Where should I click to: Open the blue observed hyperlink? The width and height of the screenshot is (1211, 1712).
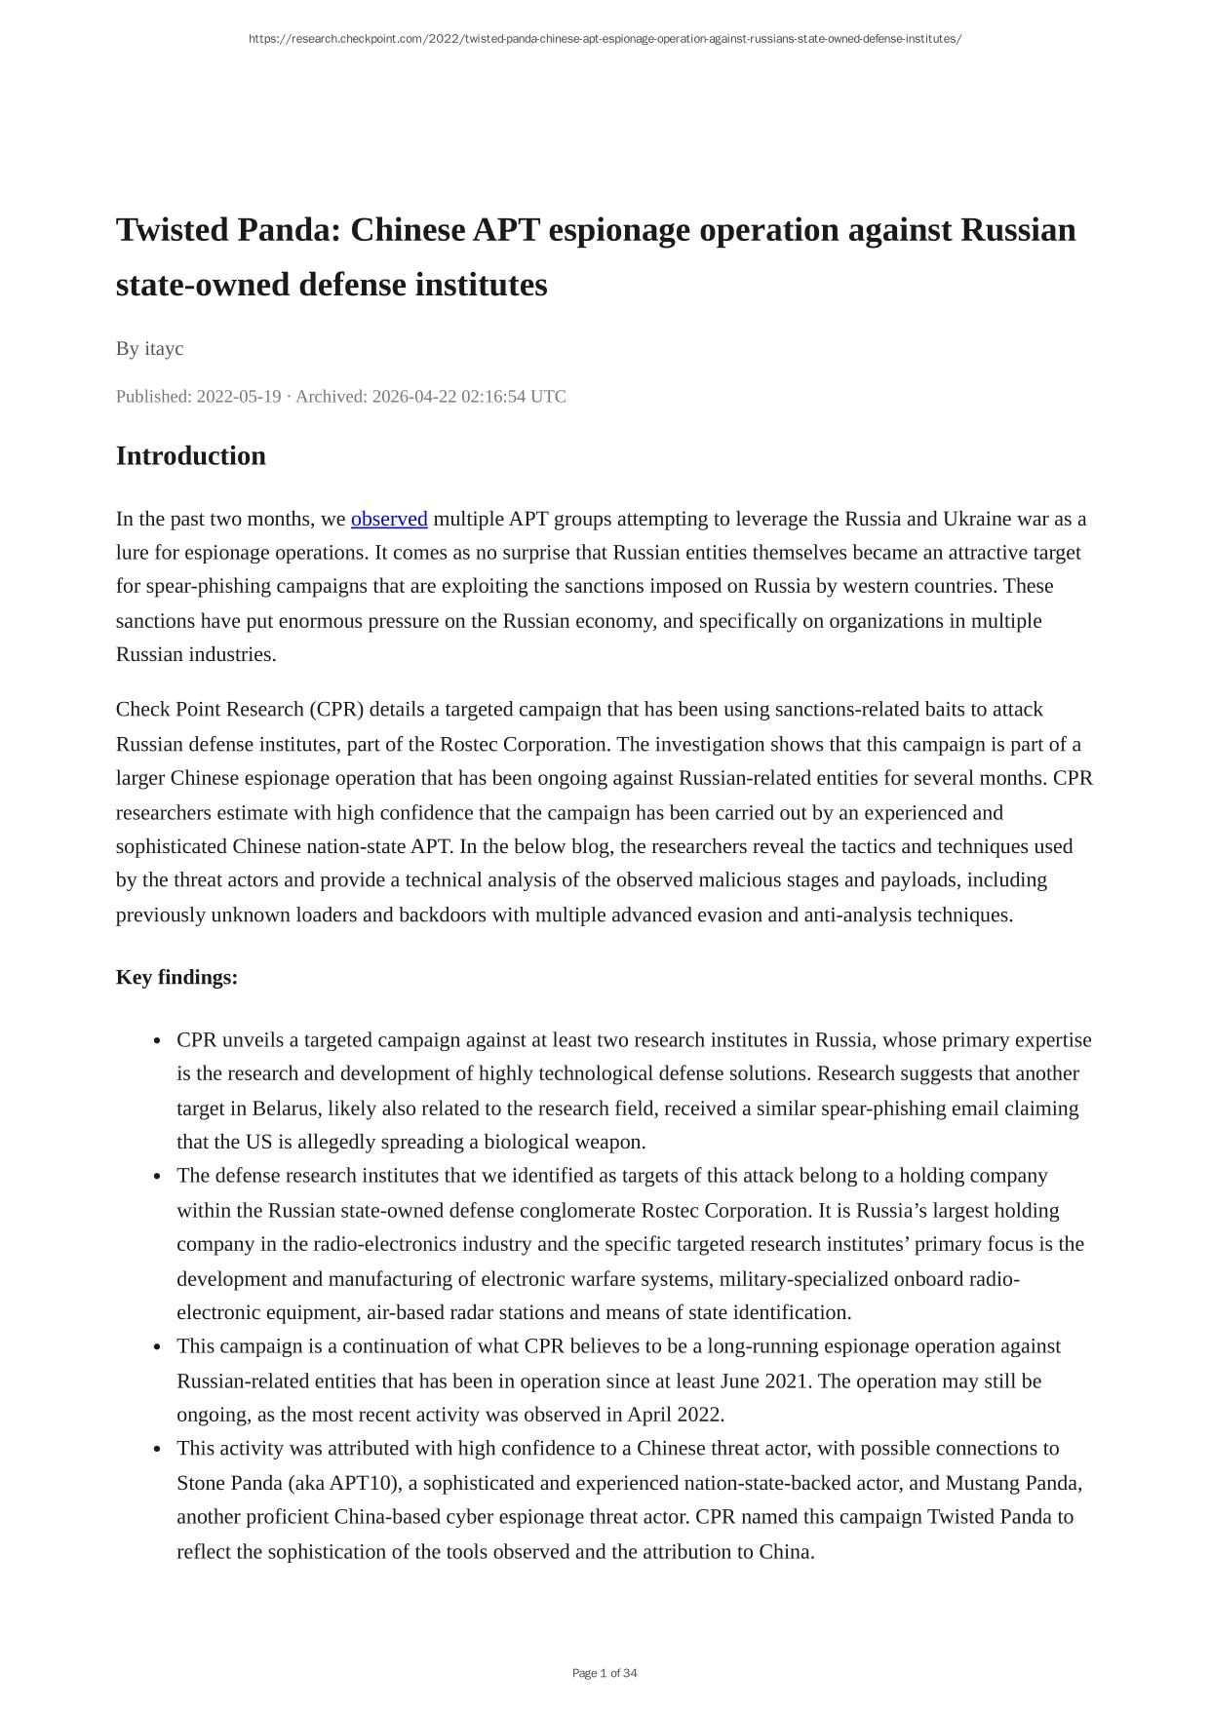389,519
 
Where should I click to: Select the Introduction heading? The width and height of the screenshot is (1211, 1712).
190,456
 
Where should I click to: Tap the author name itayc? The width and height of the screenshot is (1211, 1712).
164,349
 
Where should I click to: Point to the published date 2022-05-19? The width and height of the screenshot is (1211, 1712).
238,397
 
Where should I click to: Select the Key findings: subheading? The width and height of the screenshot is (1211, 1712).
176,977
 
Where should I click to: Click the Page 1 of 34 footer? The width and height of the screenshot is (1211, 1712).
605,1673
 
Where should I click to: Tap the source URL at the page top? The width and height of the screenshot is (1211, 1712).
605,39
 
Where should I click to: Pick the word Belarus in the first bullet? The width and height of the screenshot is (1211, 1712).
285,1109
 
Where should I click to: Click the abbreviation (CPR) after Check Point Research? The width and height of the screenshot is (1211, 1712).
336,710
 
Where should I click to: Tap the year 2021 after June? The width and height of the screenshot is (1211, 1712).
791,1381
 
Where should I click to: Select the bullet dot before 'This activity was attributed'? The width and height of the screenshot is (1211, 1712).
157,1450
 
